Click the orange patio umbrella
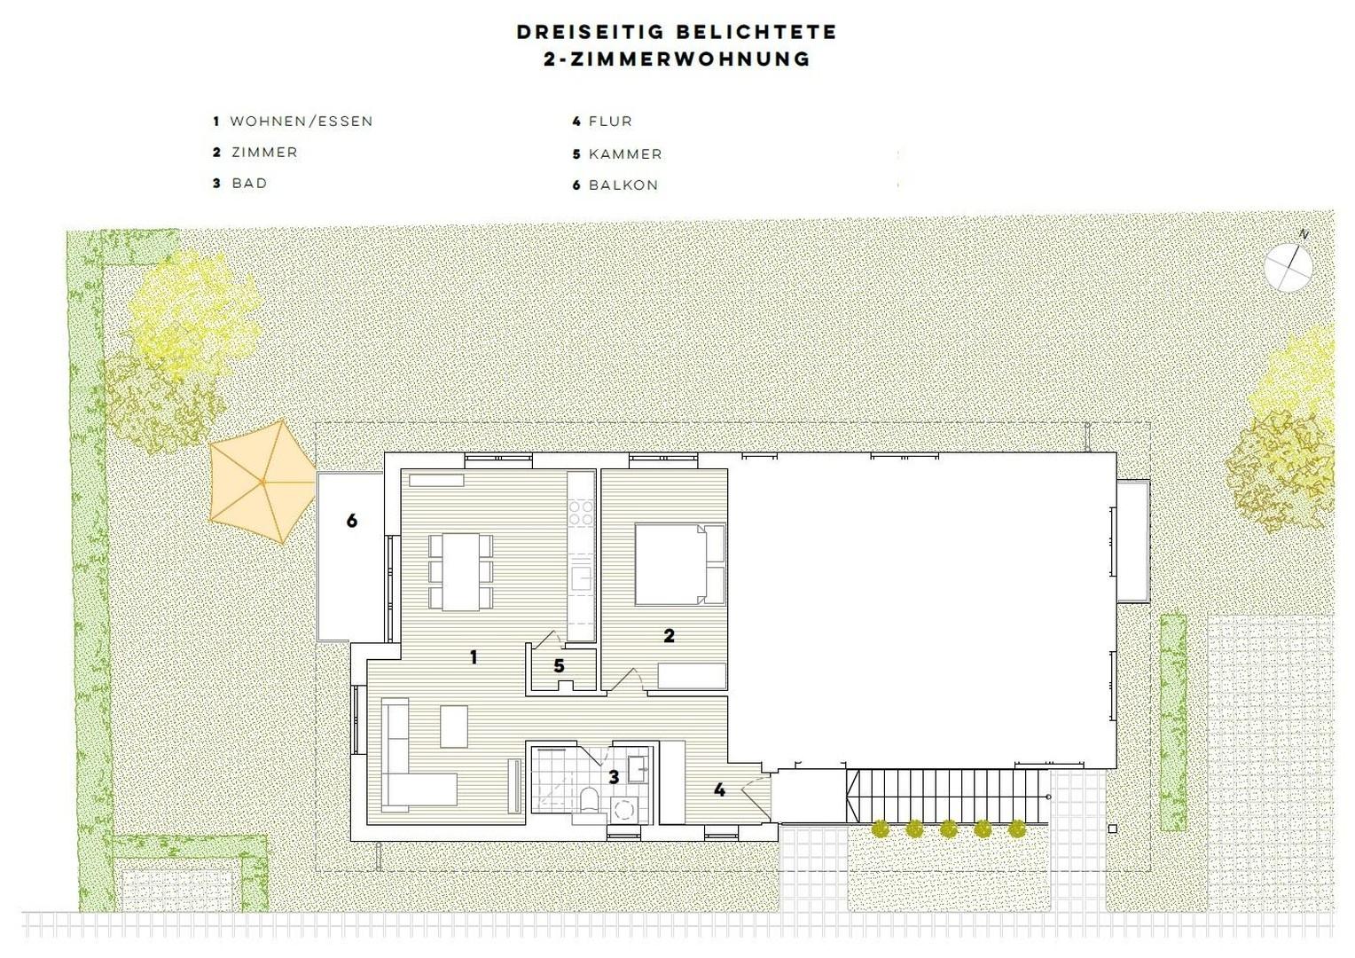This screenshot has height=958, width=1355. (x=262, y=482)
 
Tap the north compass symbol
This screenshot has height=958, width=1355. (x=1288, y=266)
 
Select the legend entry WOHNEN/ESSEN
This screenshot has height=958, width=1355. (x=301, y=122)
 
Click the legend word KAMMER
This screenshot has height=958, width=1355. (x=625, y=154)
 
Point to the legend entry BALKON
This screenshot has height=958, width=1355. (x=623, y=185)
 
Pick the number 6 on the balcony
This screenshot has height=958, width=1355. (x=352, y=521)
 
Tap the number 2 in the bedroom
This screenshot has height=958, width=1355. (x=670, y=635)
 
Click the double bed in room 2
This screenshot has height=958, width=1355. (x=680, y=564)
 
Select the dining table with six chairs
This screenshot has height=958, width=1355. (x=460, y=571)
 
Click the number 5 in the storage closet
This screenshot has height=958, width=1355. (x=559, y=665)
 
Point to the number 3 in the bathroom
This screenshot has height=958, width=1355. (x=614, y=777)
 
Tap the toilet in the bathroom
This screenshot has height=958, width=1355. (x=589, y=799)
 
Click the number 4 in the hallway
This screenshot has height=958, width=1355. (x=719, y=789)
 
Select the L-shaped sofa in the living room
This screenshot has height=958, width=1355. (x=410, y=758)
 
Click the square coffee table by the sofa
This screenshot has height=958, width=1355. (x=454, y=726)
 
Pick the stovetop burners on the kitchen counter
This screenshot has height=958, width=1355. (x=581, y=513)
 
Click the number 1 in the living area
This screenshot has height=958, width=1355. (x=474, y=656)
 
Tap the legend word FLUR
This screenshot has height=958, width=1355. (x=610, y=122)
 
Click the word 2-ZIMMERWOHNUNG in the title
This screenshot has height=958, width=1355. (x=677, y=59)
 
